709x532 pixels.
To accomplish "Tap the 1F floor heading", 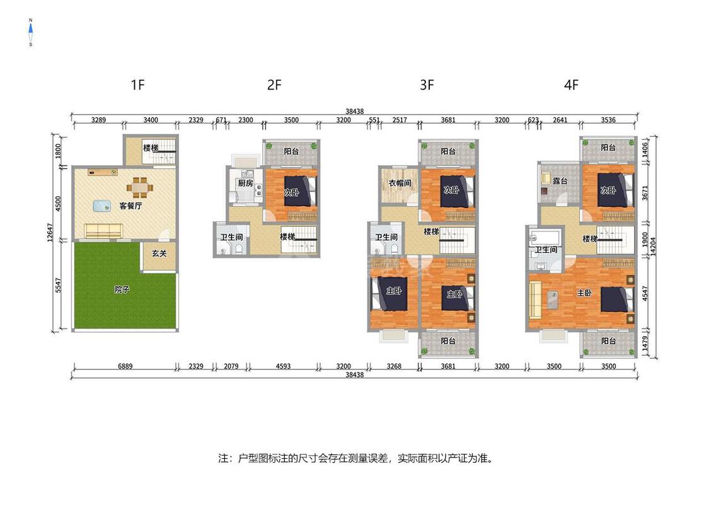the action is click(137, 84).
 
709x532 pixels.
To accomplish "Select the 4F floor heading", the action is click(571, 84).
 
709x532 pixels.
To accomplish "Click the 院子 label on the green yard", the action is click(122, 289).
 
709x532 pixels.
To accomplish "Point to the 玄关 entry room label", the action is click(159, 253).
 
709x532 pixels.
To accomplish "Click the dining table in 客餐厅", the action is click(139, 187).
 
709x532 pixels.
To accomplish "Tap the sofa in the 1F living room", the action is click(103, 230).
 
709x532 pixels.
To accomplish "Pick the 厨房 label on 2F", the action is click(246, 183).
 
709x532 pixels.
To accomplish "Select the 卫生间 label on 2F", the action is click(231, 237).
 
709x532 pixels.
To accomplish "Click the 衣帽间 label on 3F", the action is click(400, 183).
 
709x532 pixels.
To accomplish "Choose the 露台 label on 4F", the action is click(560, 181).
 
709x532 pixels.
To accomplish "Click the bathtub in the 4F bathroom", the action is click(545, 237).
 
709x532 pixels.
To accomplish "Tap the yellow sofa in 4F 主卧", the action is click(535, 299).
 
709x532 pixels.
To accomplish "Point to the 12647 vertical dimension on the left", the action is click(50, 233).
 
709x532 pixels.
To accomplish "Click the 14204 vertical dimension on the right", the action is click(653, 246).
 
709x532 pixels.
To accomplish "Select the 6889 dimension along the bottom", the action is click(125, 366).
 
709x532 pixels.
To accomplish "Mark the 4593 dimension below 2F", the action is click(283, 366).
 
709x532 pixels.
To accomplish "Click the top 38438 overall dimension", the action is click(354, 112).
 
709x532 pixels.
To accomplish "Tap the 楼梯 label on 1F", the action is click(151, 148).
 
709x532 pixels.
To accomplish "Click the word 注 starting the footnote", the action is click(223, 458).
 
